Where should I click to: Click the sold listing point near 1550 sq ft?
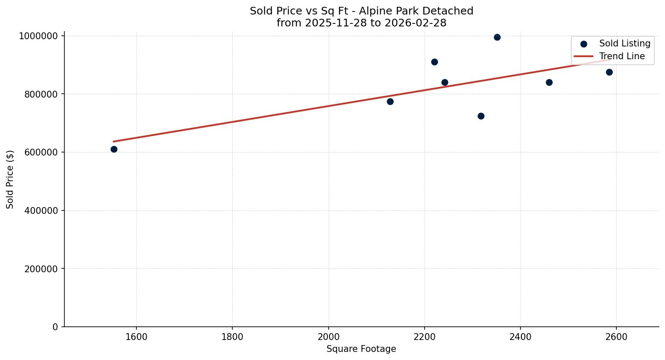point(114,149)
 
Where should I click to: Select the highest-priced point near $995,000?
point(497,37)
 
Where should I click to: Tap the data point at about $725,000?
point(481,116)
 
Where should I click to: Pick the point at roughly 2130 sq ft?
point(390,101)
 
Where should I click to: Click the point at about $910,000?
point(434,62)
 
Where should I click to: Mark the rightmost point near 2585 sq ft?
point(609,72)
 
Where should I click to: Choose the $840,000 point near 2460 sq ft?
point(549,82)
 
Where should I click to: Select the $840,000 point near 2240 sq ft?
point(445,82)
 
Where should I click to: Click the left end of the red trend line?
point(114,141)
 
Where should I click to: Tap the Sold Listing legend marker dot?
point(584,44)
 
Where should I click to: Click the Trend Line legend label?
point(622,56)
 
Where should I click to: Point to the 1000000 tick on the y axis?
point(38,36)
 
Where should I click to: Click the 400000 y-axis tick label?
point(41,210)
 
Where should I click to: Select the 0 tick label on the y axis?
point(55,327)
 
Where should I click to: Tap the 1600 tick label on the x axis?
point(136,337)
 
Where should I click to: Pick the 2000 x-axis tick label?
point(328,337)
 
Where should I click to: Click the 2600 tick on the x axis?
point(616,337)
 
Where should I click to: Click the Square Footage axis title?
point(361,349)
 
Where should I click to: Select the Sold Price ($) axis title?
point(10,179)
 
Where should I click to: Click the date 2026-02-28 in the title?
point(415,23)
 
